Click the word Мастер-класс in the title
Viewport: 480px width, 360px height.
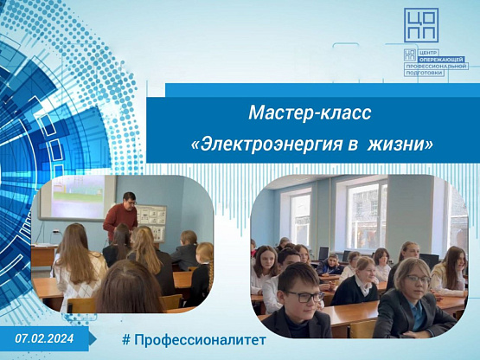[310, 112]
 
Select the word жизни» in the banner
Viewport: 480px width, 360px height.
[400, 144]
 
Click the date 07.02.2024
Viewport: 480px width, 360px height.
[44, 338]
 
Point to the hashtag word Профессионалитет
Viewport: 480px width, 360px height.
[200, 340]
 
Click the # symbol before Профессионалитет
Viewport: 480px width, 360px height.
[126, 340]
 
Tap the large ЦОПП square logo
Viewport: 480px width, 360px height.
[421, 25]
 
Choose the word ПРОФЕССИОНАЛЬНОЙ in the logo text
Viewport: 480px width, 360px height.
[436, 66]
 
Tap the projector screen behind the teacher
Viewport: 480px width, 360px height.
[76, 197]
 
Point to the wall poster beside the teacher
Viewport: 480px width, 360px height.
[150, 222]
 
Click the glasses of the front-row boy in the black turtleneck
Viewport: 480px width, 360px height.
[304, 296]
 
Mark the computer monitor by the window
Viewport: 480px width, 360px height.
[323, 254]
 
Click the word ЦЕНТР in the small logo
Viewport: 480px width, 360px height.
[425, 53]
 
